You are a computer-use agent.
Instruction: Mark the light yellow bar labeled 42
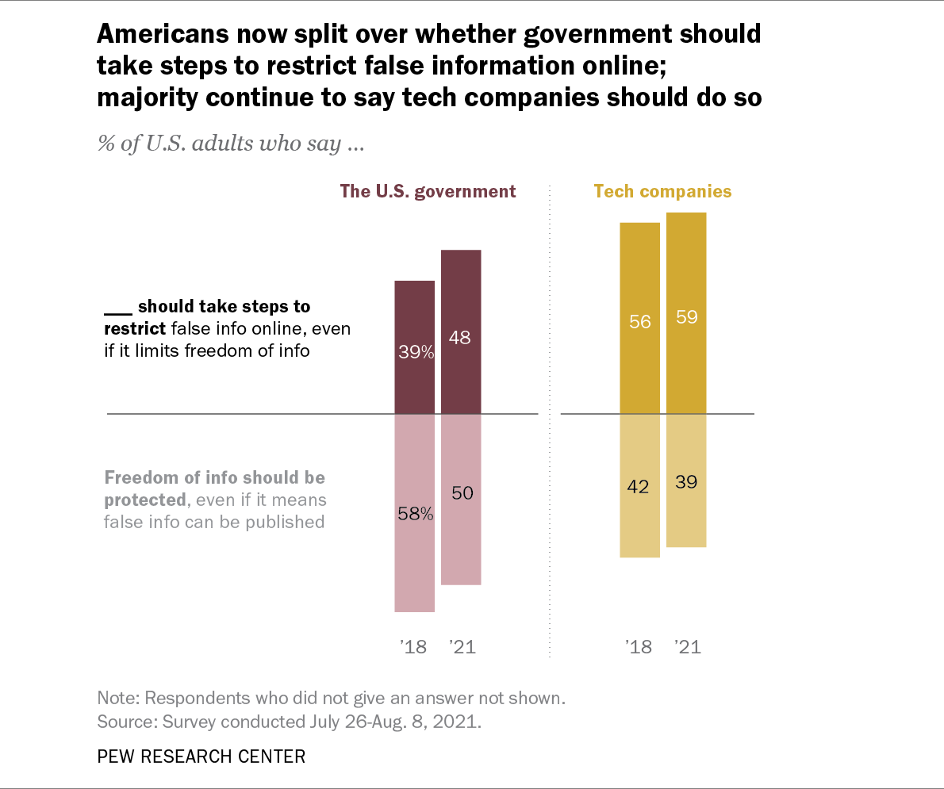639,485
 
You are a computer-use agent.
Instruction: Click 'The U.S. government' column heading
428,191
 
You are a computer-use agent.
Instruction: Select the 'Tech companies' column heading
662,191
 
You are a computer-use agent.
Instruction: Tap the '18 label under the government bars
414,647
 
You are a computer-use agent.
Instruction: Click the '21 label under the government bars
462,647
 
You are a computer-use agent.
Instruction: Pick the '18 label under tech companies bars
639,647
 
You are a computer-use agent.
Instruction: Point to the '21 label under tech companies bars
687,647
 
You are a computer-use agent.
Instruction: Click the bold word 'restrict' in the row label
134,327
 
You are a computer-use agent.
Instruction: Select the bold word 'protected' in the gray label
144,500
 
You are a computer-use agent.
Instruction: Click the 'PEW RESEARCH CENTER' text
201,756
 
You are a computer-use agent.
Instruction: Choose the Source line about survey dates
290,722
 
